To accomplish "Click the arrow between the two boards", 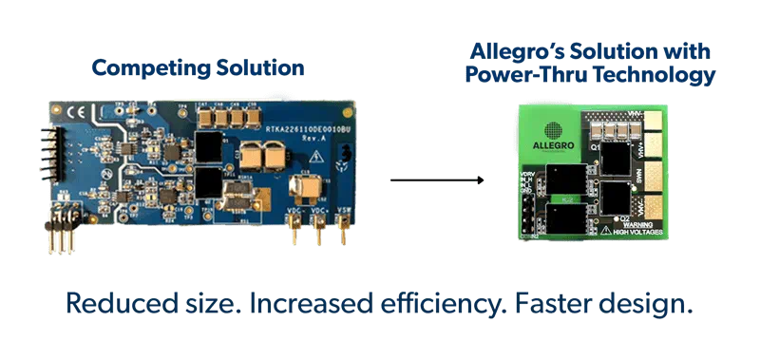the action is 438,180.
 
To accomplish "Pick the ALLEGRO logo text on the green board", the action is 555,144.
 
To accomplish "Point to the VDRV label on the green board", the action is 525,174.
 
